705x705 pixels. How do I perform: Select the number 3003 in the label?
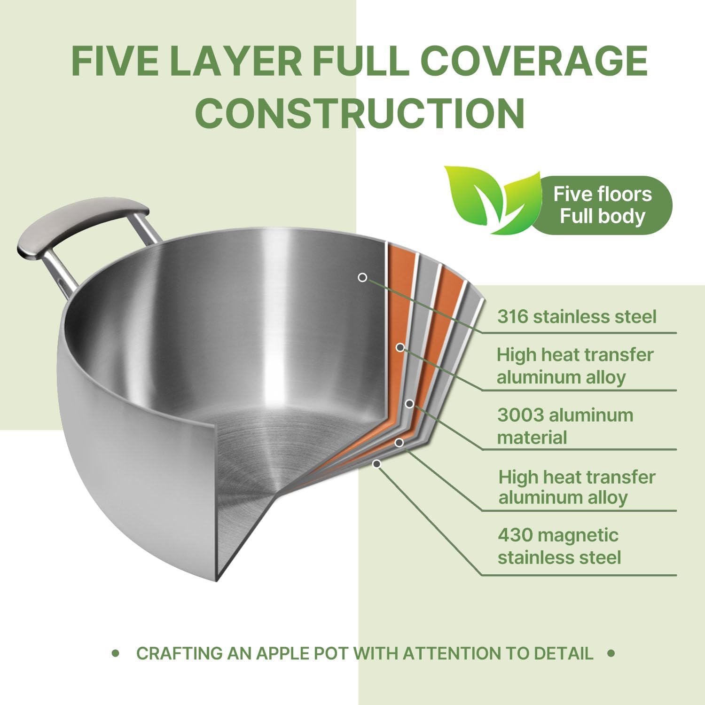pyautogui.click(x=520, y=415)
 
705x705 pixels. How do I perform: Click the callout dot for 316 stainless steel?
pyautogui.click(x=362, y=277)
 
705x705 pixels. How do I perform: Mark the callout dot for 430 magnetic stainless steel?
pyautogui.click(x=376, y=464)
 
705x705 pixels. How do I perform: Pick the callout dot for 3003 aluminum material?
pyautogui.click(x=409, y=404)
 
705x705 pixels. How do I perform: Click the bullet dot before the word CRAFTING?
pyautogui.click(x=116, y=653)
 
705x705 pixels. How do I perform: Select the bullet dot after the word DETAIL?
pyautogui.click(x=611, y=653)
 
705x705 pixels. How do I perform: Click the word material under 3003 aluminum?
pyautogui.click(x=532, y=438)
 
